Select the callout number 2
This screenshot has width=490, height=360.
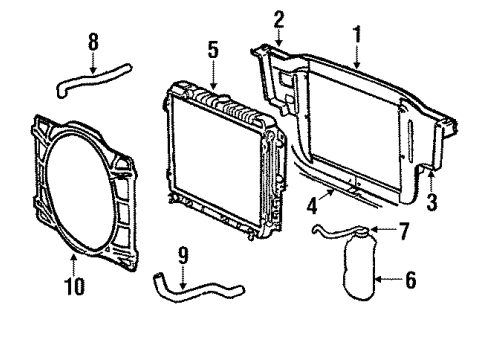coord(279,17)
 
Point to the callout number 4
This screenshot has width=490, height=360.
coord(313,209)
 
